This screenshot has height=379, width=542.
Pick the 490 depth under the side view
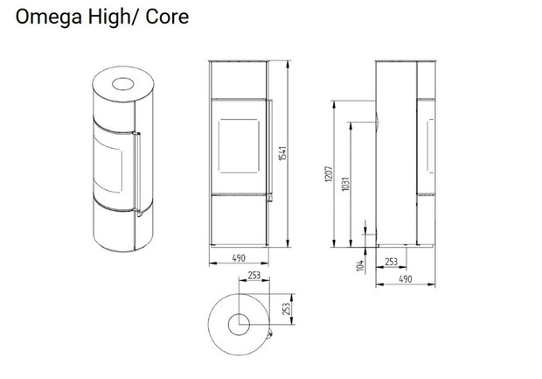[x=405, y=280]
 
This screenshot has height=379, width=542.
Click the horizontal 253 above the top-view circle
[x=254, y=275]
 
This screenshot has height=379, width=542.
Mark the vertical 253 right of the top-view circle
[x=288, y=308]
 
